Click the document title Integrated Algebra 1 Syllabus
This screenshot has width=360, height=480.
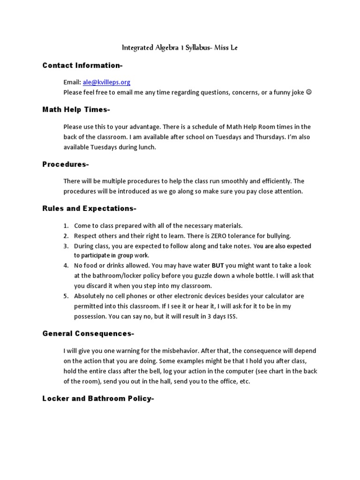(180, 48)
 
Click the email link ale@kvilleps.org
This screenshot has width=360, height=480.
(106, 82)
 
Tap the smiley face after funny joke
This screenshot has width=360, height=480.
(308, 92)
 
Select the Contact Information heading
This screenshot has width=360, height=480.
(82, 65)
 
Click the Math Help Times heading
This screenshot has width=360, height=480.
(76, 110)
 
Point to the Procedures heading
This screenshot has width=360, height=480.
(66, 164)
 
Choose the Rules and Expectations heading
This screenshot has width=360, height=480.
(90, 208)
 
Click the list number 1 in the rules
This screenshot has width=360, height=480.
(66, 226)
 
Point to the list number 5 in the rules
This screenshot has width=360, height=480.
(66, 296)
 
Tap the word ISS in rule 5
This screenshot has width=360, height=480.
(231, 316)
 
